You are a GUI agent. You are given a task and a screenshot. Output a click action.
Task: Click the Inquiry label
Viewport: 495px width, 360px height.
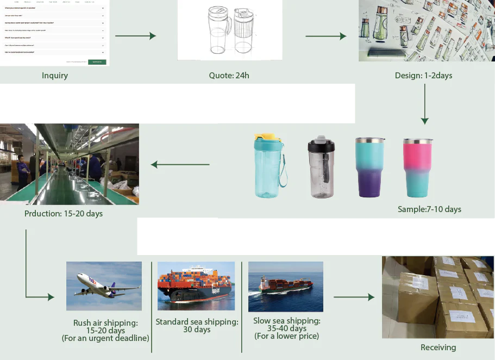pyautogui.click(x=55, y=76)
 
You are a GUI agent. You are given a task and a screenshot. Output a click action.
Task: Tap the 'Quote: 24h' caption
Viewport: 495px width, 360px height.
pyautogui.click(x=229, y=76)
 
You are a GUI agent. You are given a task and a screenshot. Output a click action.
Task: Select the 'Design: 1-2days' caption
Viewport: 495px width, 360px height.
pyautogui.click(x=423, y=76)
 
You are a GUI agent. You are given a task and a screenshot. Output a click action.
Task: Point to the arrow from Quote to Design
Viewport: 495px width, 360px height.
pyautogui.click(x=326, y=36)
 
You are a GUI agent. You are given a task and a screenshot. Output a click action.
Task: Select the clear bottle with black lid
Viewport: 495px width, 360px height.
pyautogui.click(x=321, y=167)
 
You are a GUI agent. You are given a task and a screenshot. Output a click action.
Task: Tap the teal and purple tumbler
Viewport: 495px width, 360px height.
pyautogui.click(x=370, y=167)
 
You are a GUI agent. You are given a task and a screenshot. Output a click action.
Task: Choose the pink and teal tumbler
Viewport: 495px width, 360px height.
pyautogui.click(x=417, y=167)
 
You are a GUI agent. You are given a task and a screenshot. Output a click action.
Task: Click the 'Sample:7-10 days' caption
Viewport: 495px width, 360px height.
pyautogui.click(x=429, y=209)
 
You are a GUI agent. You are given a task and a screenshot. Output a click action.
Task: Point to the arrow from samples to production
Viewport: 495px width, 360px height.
pyautogui.click(x=180, y=164)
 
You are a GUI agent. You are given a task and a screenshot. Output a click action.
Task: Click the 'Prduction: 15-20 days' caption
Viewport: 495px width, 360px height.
pyautogui.click(x=64, y=214)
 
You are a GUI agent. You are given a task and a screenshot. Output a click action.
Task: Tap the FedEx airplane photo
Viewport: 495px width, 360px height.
pyautogui.click(x=104, y=286)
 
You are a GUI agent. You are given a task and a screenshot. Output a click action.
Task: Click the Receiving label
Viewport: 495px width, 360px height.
pyautogui.click(x=438, y=347)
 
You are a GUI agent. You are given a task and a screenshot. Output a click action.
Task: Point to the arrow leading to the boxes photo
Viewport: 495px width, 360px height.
pyautogui.click(x=354, y=297)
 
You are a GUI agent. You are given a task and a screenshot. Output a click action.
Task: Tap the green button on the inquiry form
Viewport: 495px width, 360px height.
pyautogui.click(x=97, y=62)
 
